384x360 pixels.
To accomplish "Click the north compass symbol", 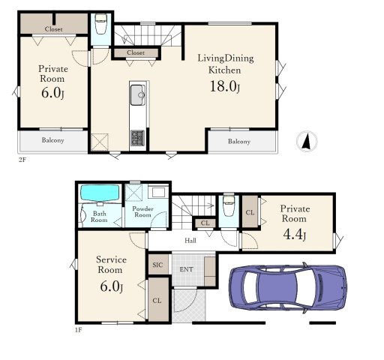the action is (x=307, y=141).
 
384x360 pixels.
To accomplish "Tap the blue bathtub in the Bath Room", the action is (x=100, y=193).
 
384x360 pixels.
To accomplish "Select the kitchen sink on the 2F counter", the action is (x=137, y=95).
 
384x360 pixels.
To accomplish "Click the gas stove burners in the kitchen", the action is (x=137, y=138).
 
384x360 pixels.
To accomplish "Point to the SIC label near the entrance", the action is (x=157, y=265).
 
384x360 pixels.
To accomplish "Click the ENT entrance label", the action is (x=186, y=269).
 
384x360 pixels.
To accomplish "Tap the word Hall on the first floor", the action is (x=190, y=241).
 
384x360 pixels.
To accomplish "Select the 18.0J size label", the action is (x=225, y=86).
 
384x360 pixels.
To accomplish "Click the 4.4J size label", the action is (x=294, y=234).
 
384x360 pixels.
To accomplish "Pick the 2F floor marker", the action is (x=22, y=160).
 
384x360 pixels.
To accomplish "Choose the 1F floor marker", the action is (x=78, y=330).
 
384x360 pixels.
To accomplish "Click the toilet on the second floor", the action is (x=100, y=24).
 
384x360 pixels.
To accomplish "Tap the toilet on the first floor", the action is (x=229, y=205).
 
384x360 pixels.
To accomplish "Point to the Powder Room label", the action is (x=142, y=211).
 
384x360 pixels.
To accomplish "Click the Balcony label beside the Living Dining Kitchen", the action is (x=239, y=142).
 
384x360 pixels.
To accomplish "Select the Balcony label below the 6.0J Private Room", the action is (x=52, y=140).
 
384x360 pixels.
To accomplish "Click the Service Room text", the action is (x=111, y=265).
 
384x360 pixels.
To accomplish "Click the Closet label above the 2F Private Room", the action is (x=53, y=29).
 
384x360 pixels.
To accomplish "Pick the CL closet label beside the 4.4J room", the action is (x=250, y=212).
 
